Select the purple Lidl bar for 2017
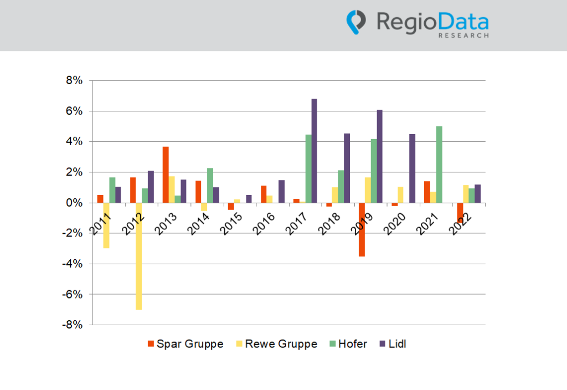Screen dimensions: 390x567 coord(314,151)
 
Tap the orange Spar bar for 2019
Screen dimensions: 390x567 coord(362,229)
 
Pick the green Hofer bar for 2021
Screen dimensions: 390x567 coord(439,165)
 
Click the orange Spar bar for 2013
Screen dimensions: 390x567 coord(165,175)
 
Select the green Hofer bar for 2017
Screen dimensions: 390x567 coord(308,169)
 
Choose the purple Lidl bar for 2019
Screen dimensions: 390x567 coord(379,156)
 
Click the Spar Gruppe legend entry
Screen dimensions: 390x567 coord(185,344)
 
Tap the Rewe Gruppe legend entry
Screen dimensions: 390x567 coord(276,344)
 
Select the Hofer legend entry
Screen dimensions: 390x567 coord(347,344)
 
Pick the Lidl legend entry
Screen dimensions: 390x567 coord(393,344)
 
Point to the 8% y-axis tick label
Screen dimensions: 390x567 coord(75,81)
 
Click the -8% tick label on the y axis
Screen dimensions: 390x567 coord(73,325)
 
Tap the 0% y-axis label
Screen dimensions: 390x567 coord(75,203)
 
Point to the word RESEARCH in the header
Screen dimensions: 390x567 coord(463,35)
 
